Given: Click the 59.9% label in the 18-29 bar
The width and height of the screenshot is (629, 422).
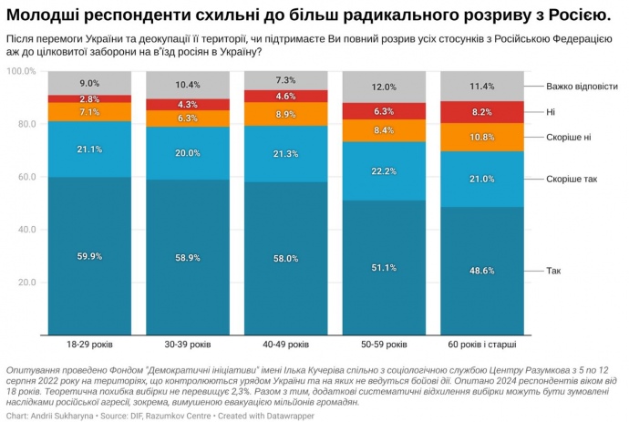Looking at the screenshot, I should [89, 257].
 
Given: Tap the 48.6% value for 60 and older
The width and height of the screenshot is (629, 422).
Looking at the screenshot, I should [482, 271].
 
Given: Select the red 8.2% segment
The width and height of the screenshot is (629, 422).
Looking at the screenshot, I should [482, 112].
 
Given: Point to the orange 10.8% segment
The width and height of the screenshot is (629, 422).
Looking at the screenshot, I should [482, 137].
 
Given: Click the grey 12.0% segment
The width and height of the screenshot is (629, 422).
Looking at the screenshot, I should [384, 87].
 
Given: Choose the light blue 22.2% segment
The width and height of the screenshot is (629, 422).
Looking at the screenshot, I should [384, 171].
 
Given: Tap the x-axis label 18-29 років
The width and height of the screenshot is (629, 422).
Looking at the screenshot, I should [89, 345].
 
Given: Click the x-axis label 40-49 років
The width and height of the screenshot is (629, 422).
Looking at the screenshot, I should [285, 345].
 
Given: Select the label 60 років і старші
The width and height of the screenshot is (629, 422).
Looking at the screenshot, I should [482, 345].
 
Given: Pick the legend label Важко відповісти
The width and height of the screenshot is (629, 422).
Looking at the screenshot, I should [582, 87].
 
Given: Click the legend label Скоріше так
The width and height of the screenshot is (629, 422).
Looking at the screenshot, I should [572, 180].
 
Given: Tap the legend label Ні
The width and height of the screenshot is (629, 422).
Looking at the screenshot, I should [551, 112].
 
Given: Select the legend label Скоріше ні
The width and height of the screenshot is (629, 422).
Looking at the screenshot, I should [569, 137].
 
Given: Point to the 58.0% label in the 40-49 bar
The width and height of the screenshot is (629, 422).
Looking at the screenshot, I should [285, 259].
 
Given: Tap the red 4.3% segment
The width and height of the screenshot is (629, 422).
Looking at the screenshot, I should [188, 105].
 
